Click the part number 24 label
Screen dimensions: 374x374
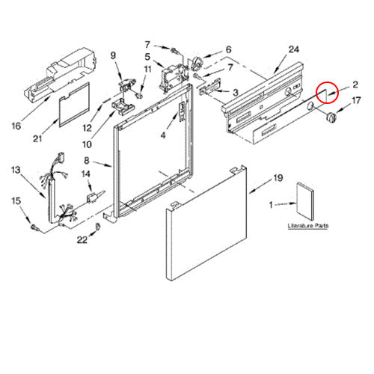pos(294,49)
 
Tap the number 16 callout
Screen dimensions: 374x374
pos(16,126)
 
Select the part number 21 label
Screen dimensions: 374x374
pos(37,138)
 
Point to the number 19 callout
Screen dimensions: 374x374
pos(278,178)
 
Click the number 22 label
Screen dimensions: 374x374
pos(82,240)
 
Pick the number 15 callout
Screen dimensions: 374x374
pos(16,201)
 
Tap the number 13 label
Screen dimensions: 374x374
pos(16,171)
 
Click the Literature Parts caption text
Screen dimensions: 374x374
pos(308,226)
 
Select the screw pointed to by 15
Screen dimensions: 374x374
pos(34,227)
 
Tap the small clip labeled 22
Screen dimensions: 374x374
pos(98,226)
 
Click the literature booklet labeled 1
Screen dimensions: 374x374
pos(305,201)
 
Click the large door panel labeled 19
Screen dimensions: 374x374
pos(206,223)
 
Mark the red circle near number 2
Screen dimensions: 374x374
pos(327,93)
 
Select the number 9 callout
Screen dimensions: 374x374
pos(113,55)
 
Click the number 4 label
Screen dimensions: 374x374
pos(163,135)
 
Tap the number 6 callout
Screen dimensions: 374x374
pos(228,50)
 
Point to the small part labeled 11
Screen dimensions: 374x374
pos(140,95)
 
